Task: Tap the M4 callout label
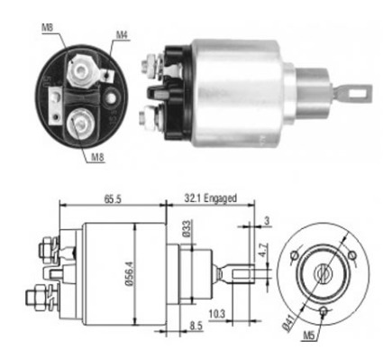[x=121, y=36]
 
